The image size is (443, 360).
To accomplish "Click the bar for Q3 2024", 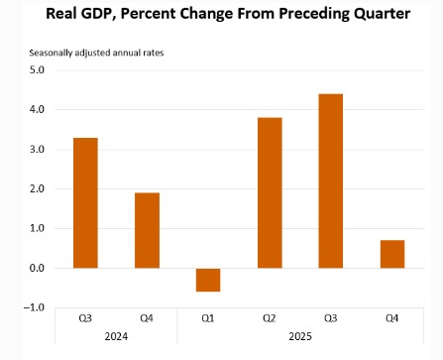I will [x=85, y=202].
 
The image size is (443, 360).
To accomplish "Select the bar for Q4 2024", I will [x=147, y=230].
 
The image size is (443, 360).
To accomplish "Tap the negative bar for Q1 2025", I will [x=207, y=280].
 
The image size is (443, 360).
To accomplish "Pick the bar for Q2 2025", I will [x=269, y=192].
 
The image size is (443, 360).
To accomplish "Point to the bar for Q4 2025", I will [x=391, y=254].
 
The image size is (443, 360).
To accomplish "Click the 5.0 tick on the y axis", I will [x=37, y=70].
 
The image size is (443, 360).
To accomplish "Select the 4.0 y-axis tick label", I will [x=37, y=110].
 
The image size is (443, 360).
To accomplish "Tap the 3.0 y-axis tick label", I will [x=37, y=150].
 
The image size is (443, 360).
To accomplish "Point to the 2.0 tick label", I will [x=37, y=189].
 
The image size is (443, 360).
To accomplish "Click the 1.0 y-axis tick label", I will [x=37, y=229].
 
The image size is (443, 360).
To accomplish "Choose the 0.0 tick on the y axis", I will [x=37, y=269].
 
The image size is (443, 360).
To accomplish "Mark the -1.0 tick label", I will [x=35, y=307].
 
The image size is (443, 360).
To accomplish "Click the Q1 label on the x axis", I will [x=207, y=320].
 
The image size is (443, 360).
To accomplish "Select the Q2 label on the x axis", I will [x=269, y=320].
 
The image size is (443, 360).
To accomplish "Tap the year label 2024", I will [x=116, y=338].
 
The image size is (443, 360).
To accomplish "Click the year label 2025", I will [x=299, y=338].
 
